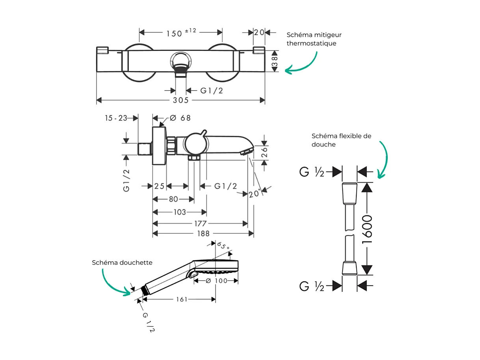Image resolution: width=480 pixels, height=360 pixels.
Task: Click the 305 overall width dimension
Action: (181, 100)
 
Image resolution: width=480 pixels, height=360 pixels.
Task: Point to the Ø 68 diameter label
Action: (180, 118)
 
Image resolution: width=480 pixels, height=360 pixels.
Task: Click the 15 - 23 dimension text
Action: (116, 118)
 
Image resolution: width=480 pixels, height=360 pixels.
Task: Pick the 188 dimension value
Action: (203, 234)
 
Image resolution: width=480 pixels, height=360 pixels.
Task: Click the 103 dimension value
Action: (179, 212)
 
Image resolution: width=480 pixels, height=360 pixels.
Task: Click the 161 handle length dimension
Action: (181, 299)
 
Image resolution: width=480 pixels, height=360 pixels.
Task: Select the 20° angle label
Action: (254, 194)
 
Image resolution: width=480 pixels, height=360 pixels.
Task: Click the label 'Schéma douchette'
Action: (122, 263)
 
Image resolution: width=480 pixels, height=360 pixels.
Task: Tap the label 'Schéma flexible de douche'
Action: (341, 140)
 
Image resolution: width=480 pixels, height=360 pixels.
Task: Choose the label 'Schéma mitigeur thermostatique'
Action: (314, 39)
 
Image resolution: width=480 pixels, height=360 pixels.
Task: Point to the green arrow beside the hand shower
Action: (115, 282)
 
